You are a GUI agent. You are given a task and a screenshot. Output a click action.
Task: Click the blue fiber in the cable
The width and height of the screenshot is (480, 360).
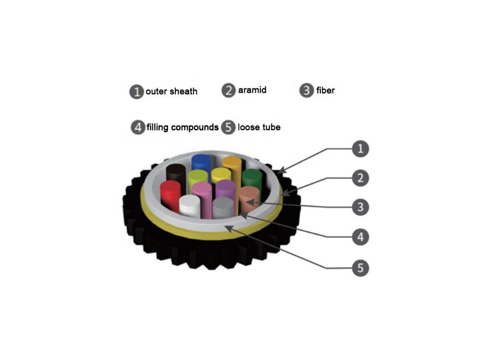pyautogui.click(x=201, y=161)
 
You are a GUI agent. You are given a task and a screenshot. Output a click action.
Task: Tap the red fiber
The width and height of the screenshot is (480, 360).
pyautogui.click(x=170, y=196)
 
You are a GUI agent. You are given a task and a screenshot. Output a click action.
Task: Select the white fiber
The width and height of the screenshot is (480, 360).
pyautogui.click(x=190, y=205)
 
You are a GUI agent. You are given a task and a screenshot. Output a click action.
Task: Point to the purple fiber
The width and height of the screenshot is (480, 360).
pyautogui.click(x=226, y=190)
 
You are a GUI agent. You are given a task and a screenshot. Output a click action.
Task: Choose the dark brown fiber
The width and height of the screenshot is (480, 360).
pyautogui.click(x=176, y=175)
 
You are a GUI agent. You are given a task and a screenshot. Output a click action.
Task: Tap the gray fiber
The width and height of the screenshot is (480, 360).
pyautogui.click(x=223, y=208)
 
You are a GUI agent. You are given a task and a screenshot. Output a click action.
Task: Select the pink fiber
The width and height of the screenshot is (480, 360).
pyautogui.click(x=202, y=199)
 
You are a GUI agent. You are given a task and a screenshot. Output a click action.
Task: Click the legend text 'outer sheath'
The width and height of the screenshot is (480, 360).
pyautogui.click(x=172, y=91)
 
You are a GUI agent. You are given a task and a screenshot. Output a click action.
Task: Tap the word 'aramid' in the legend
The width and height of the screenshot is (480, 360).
pyautogui.click(x=252, y=90)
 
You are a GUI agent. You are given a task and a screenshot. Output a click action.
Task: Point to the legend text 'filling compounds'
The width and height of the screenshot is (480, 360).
pyautogui.click(x=182, y=127)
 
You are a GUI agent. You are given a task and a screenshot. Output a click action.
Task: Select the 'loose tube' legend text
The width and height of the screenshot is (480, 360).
pyautogui.click(x=259, y=127)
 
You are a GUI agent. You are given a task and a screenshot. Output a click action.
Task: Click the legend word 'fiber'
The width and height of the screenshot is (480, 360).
pyautogui.click(x=325, y=91)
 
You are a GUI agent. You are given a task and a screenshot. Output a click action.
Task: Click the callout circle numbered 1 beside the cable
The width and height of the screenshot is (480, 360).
pyautogui.click(x=361, y=149)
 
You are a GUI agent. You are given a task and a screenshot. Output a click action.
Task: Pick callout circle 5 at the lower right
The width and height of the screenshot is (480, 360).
pyautogui.click(x=361, y=268)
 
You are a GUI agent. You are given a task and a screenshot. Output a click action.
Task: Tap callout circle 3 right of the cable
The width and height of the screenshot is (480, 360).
pyautogui.click(x=361, y=207)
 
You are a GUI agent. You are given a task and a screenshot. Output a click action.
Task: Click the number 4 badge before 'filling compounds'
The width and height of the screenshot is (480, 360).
pyautogui.click(x=138, y=127)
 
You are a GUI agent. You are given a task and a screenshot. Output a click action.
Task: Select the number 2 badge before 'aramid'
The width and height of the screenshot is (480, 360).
pyautogui.click(x=229, y=91)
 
